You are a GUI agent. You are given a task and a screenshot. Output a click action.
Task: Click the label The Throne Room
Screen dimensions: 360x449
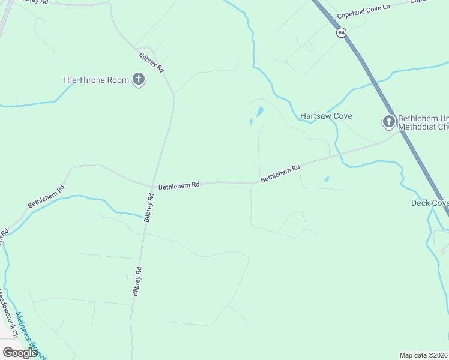click(x=95, y=80)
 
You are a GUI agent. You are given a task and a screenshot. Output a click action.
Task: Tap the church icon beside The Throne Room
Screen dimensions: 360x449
click(x=139, y=79)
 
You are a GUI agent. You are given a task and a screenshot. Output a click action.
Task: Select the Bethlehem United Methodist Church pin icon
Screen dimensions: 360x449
click(x=388, y=122)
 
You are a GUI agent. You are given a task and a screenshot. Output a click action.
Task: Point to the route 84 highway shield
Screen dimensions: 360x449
click(x=341, y=33)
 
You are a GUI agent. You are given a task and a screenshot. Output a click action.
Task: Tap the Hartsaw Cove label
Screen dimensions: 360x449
click(x=326, y=116)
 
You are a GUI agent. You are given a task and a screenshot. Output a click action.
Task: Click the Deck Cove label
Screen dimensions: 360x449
click(x=429, y=203)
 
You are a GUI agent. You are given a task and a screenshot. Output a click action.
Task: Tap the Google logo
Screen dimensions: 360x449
click(x=20, y=353)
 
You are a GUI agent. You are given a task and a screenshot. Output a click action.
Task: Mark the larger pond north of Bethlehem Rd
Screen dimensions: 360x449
click(x=259, y=112)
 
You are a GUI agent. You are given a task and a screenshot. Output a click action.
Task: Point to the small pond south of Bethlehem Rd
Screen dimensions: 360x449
click(x=327, y=179)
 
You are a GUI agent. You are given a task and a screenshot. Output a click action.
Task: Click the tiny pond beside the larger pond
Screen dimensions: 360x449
click(x=250, y=122)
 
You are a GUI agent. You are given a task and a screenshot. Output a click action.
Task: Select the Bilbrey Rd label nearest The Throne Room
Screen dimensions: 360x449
click(x=152, y=62)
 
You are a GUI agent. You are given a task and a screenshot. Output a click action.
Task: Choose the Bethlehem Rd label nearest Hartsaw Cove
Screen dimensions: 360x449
click(x=280, y=175)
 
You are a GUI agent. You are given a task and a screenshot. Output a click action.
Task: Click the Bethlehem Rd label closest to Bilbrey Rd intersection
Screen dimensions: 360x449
click(x=179, y=187)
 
